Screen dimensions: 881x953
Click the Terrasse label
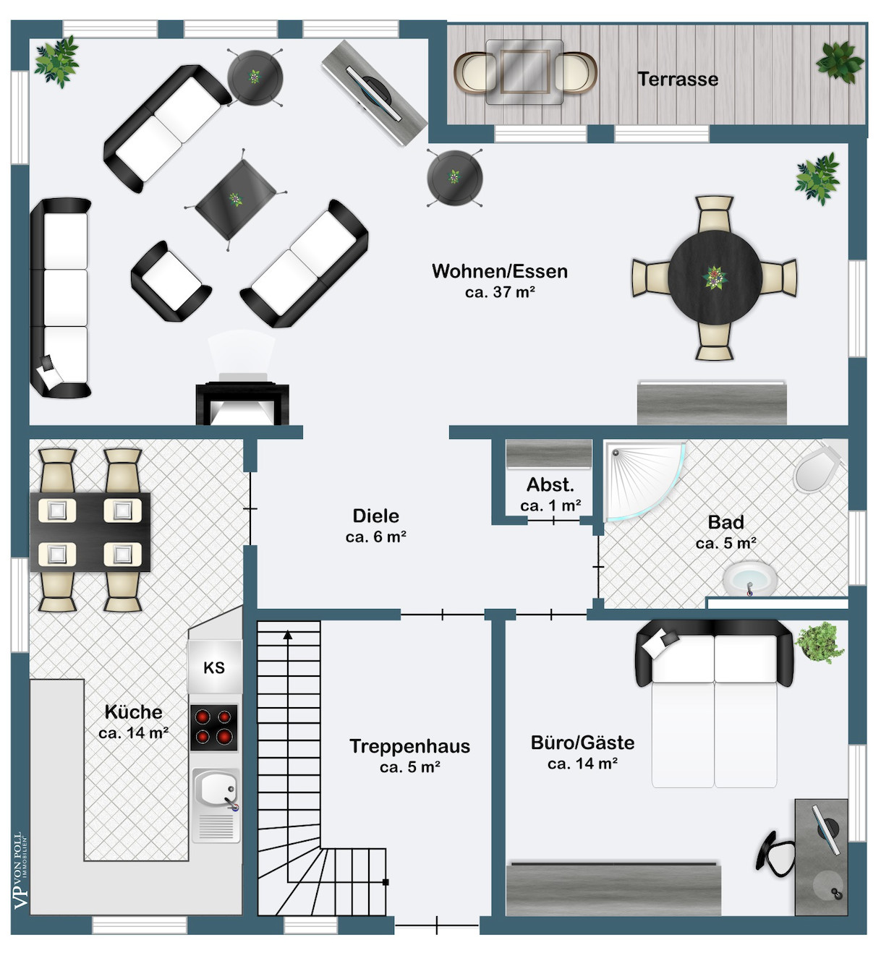click(x=678, y=80)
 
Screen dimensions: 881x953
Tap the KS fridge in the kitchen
click(x=215, y=667)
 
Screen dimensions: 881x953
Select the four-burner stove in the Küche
click(x=213, y=727)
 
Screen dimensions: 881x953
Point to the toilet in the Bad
click(x=817, y=468)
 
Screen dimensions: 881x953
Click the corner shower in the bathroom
click(x=643, y=481)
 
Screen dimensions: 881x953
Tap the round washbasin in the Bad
click(x=750, y=578)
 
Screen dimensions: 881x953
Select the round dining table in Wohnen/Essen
click(x=715, y=278)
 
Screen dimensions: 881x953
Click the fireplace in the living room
click(x=242, y=403)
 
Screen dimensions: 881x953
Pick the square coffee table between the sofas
click(x=236, y=200)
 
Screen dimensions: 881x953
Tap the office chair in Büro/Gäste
click(x=775, y=855)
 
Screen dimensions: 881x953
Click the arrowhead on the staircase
click(x=288, y=635)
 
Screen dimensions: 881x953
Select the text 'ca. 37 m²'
click(x=500, y=292)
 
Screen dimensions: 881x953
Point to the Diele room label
click(x=376, y=516)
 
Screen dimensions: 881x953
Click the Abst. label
click(x=550, y=484)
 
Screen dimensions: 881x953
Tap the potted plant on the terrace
click(x=840, y=62)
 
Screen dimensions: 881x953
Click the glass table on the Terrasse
click(x=524, y=72)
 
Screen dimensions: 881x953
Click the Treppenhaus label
click(x=409, y=746)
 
